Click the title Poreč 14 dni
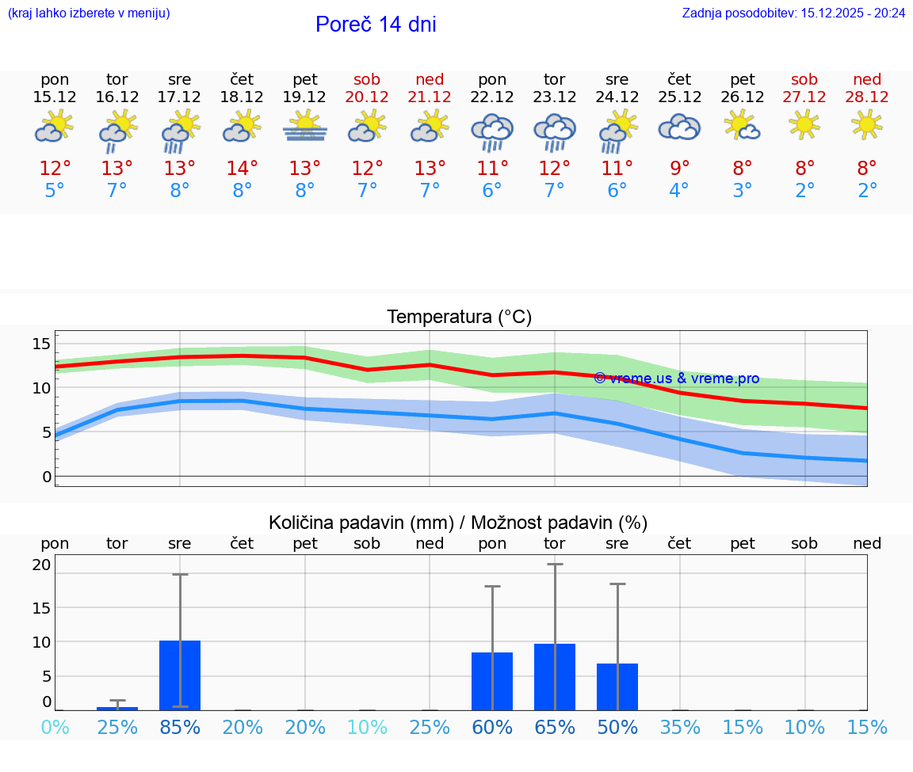[x=376, y=25]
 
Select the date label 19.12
[x=304, y=97]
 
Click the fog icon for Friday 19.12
[x=305, y=127]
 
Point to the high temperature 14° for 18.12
[x=242, y=168]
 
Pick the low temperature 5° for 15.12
[x=55, y=191]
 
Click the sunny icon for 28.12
[x=866, y=124]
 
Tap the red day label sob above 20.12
[x=367, y=79]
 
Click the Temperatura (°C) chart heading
[x=459, y=317]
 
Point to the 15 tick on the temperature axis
[x=41, y=344]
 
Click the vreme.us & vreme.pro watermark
[x=676, y=378]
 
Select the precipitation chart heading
[x=458, y=523]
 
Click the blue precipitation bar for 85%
[x=180, y=675]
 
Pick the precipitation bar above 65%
[x=555, y=677]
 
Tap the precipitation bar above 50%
[x=617, y=686]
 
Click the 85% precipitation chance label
[x=180, y=728]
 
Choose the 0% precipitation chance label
[x=55, y=728]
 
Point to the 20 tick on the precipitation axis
[x=41, y=565]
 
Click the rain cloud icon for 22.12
[x=492, y=131]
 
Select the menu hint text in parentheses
[x=89, y=13]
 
